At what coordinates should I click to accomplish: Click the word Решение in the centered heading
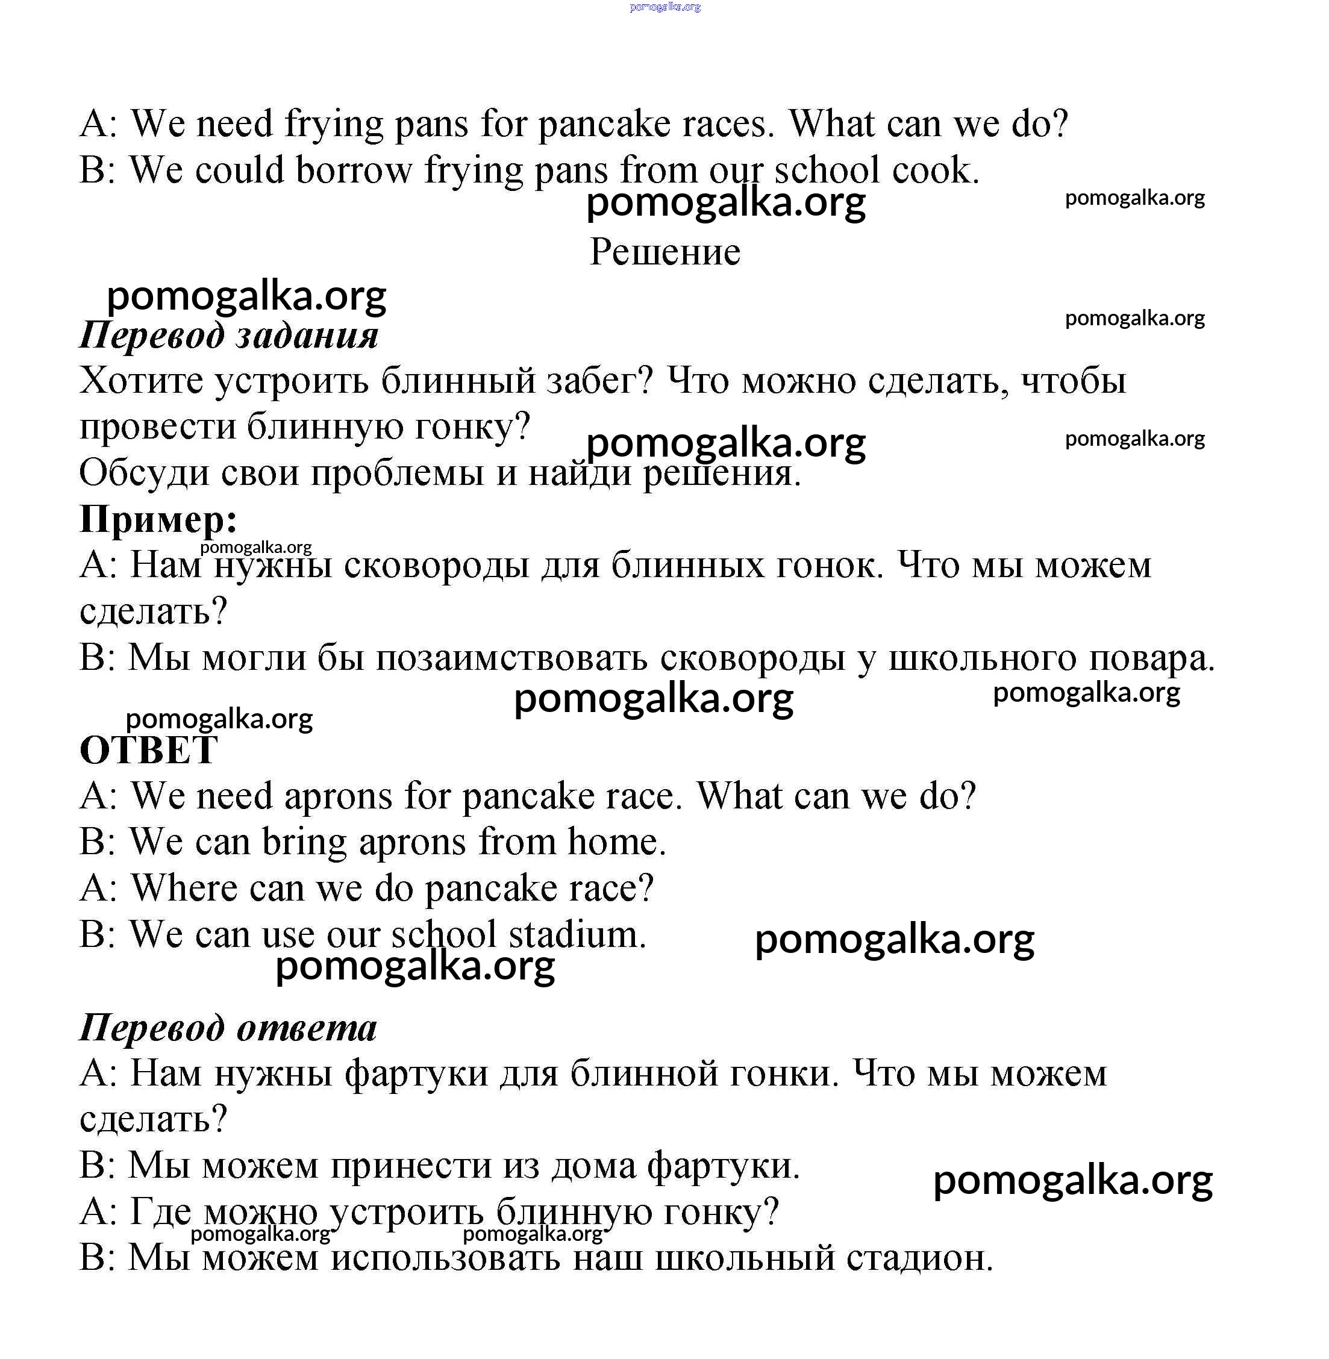click(x=664, y=252)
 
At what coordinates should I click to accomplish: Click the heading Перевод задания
click(x=229, y=335)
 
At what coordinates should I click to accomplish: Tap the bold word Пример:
click(x=158, y=519)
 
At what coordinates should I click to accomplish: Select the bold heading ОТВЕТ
click(x=149, y=751)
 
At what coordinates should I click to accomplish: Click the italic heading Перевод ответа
click(x=228, y=1028)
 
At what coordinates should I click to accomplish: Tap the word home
click(x=616, y=842)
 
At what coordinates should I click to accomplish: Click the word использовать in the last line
click(x=445, y=1258)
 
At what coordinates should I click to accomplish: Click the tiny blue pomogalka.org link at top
click(x=664, y=7)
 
